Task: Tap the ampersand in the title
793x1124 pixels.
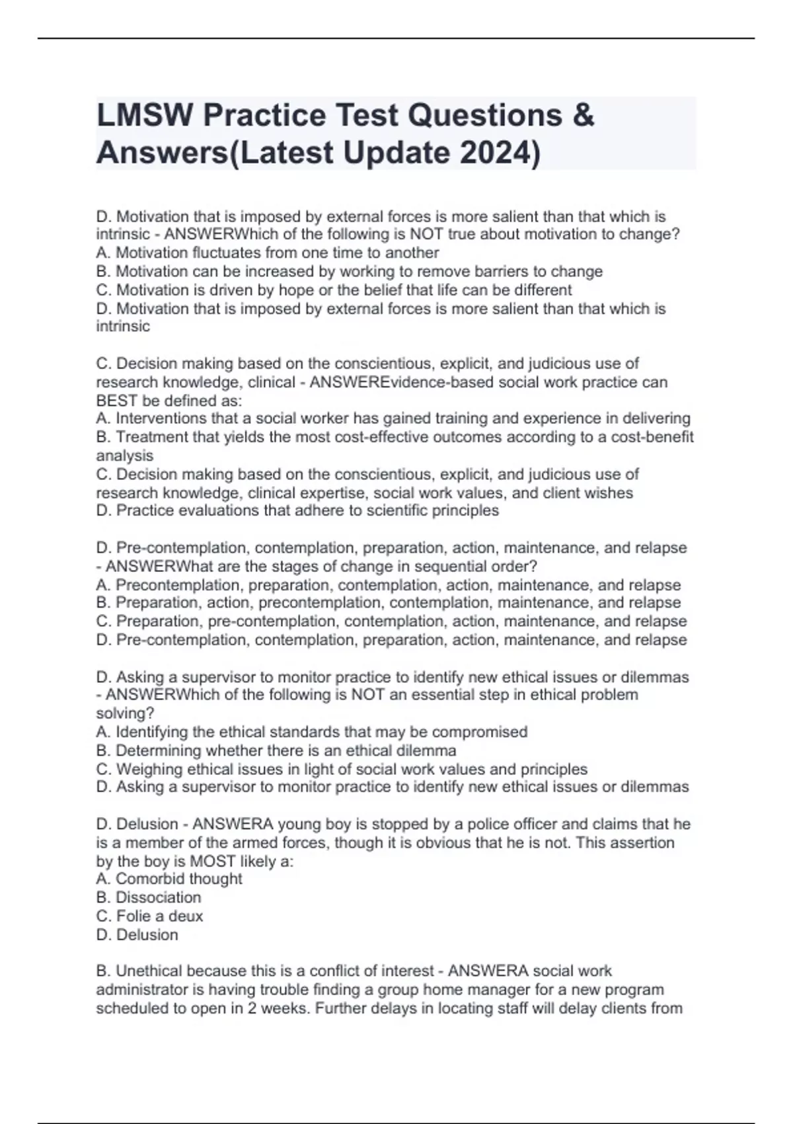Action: pyautogui.click(x=584, y=116)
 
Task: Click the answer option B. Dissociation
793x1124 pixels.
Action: pyautogui.click(x=149, y=897)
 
